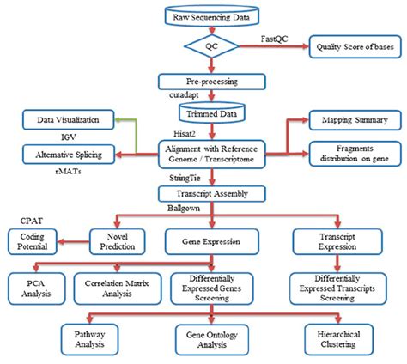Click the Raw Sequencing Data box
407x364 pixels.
[x=210, y=15]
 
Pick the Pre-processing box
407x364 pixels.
[x=210, y=82]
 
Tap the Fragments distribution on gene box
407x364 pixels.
[x=353, y=154]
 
